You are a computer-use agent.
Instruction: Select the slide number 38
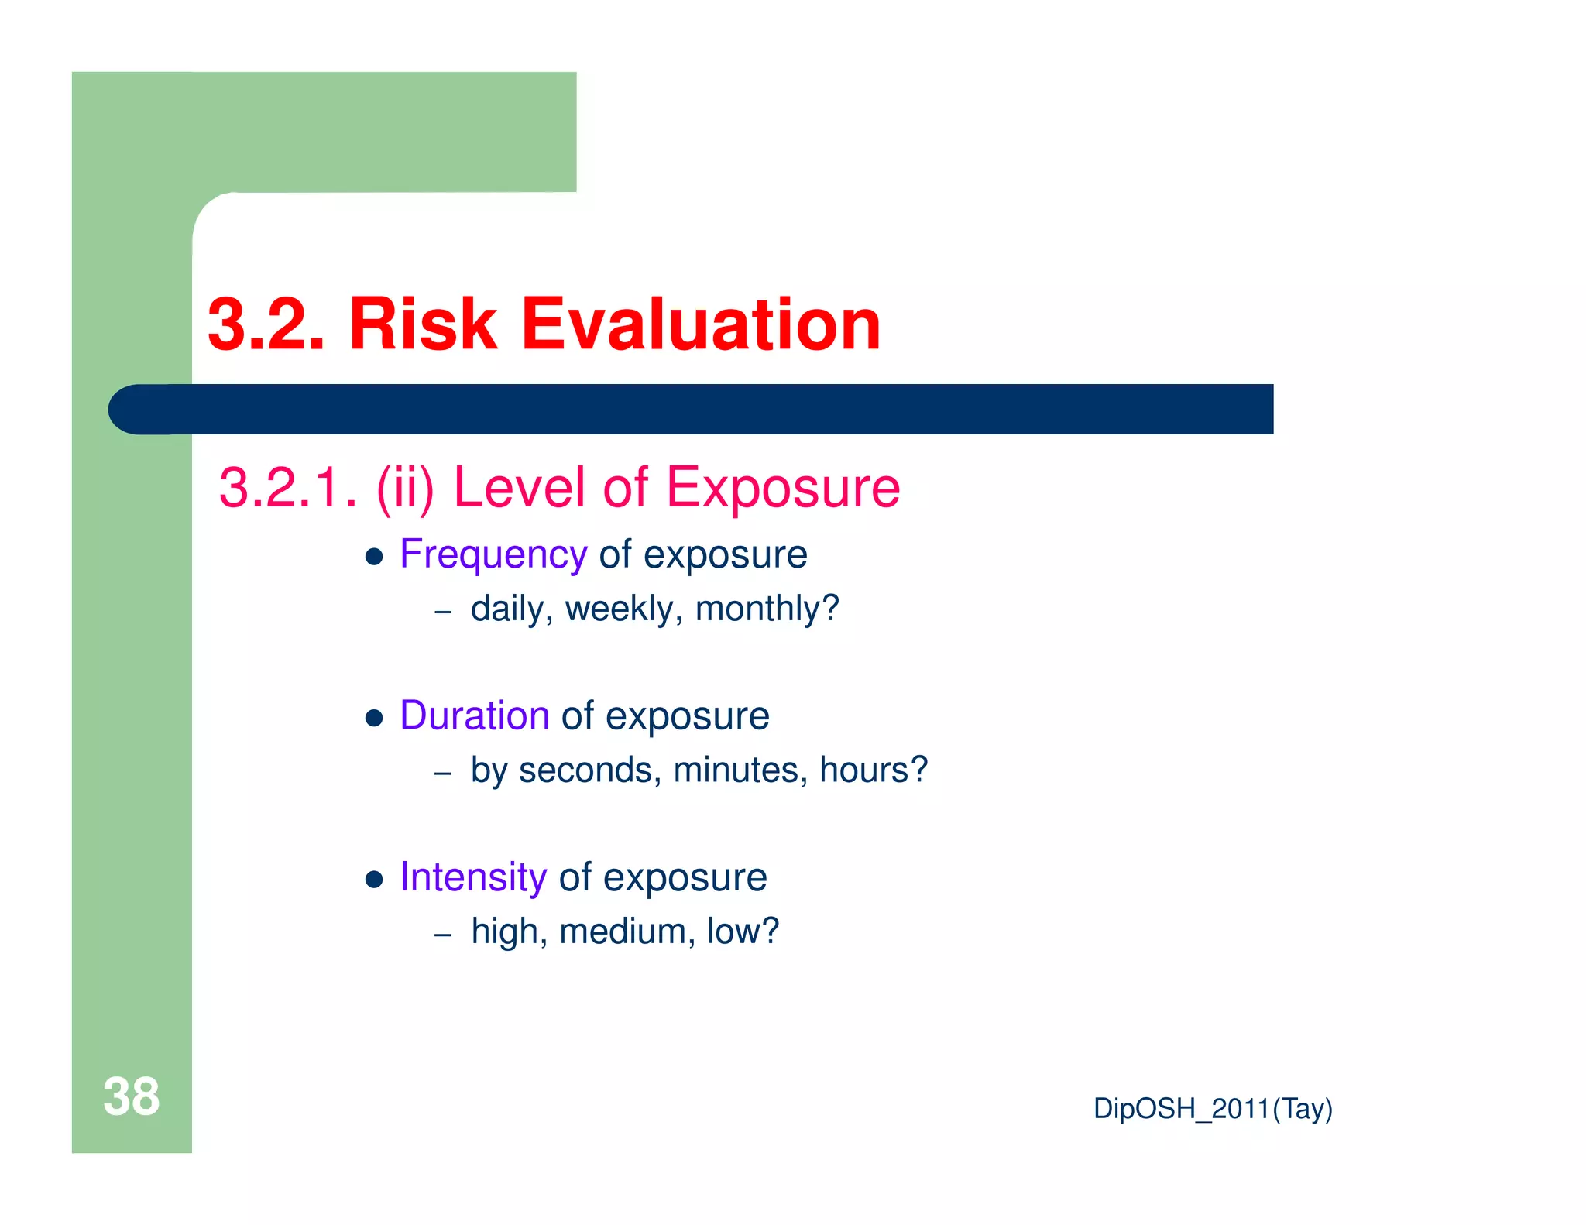click(131, 1096)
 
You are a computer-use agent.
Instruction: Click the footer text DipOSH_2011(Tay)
click(1213, 1109)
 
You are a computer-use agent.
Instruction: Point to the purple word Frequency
click(493, 555)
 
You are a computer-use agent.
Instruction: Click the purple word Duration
click(474, 715)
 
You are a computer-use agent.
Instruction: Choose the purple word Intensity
click(473, 877)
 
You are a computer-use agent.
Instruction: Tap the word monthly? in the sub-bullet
click(767, 609)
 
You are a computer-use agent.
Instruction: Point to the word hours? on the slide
click(873, 770)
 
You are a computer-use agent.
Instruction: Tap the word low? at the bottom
click(743, 932)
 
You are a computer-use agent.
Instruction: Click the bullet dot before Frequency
click(375, 558)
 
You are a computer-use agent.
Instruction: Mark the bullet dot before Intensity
click(375, 880)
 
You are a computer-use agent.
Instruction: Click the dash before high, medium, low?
click(443, 935)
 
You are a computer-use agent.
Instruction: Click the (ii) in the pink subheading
click(405, 489)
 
